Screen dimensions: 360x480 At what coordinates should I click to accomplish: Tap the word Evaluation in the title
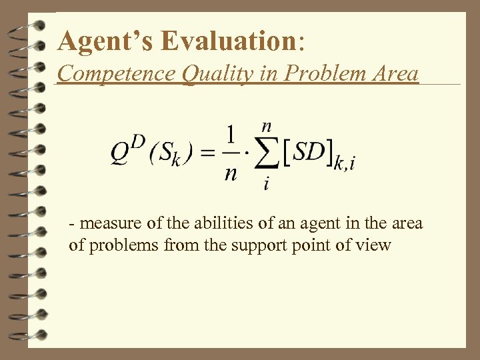click(229, 41)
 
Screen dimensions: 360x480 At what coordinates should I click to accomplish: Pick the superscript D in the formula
click(137, 143)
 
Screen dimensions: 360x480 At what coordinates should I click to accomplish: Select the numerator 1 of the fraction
click(231, 135)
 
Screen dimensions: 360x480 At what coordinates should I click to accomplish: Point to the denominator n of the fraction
click(231, 173)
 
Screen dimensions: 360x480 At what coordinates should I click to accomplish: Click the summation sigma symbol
click(267, 155)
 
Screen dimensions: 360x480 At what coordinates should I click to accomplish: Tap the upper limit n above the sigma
click(267, 125)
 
